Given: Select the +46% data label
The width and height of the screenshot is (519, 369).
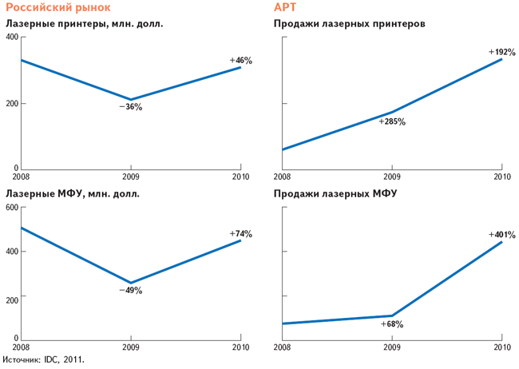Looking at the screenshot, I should pos(240,60).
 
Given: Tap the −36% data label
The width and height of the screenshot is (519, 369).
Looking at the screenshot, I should pos(130,107).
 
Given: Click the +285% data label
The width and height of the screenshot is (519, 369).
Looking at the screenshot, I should pos(393,122).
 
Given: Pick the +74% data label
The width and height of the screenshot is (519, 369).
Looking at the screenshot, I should pos(240,234).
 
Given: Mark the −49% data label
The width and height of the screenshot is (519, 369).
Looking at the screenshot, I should pos(130,291).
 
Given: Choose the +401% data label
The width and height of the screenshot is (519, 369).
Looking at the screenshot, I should pos(500,234).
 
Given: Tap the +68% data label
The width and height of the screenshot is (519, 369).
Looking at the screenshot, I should pos(392,324).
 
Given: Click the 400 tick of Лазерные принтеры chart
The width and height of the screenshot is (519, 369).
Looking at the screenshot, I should pos(12,38).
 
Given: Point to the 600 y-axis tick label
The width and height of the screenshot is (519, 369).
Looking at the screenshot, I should pos(12,208).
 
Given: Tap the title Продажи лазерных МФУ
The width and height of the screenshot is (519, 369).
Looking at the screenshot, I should pos(335,194).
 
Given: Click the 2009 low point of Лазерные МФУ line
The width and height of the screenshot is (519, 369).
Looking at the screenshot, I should pos(130,283).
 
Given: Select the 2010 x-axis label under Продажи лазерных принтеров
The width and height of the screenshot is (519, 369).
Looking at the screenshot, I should pos(501,177).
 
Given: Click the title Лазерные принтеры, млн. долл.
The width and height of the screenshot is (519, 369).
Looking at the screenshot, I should pos(85,24).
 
